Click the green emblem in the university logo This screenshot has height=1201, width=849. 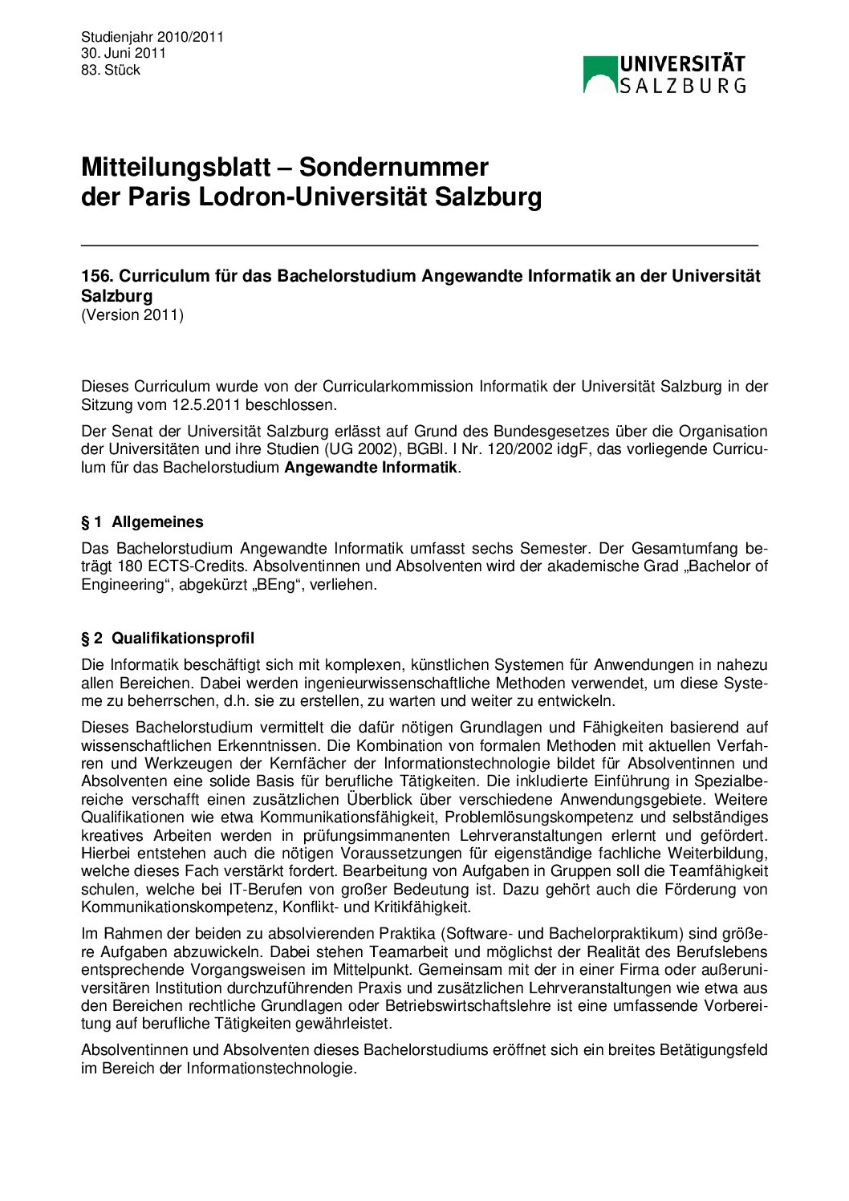tap(600, 74)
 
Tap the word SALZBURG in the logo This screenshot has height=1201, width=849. tap(682, 85)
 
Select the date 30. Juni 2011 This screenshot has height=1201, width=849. tap(123, 53)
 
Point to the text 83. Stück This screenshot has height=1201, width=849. tap(111, 70)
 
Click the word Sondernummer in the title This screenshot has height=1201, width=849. tap(394, 167)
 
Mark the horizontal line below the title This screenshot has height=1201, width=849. tap(419, 244)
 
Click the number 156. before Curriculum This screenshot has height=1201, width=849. tap(97, 276)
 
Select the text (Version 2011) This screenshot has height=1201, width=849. tap(132, 314)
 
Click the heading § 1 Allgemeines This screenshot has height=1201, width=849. tap(142, 522)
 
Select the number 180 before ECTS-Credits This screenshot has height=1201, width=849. tap(130, 566)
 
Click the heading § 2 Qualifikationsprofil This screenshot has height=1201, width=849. tap(168, 639)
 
